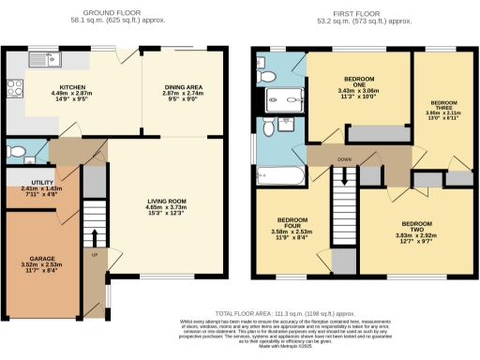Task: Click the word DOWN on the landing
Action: coord(343,158)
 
